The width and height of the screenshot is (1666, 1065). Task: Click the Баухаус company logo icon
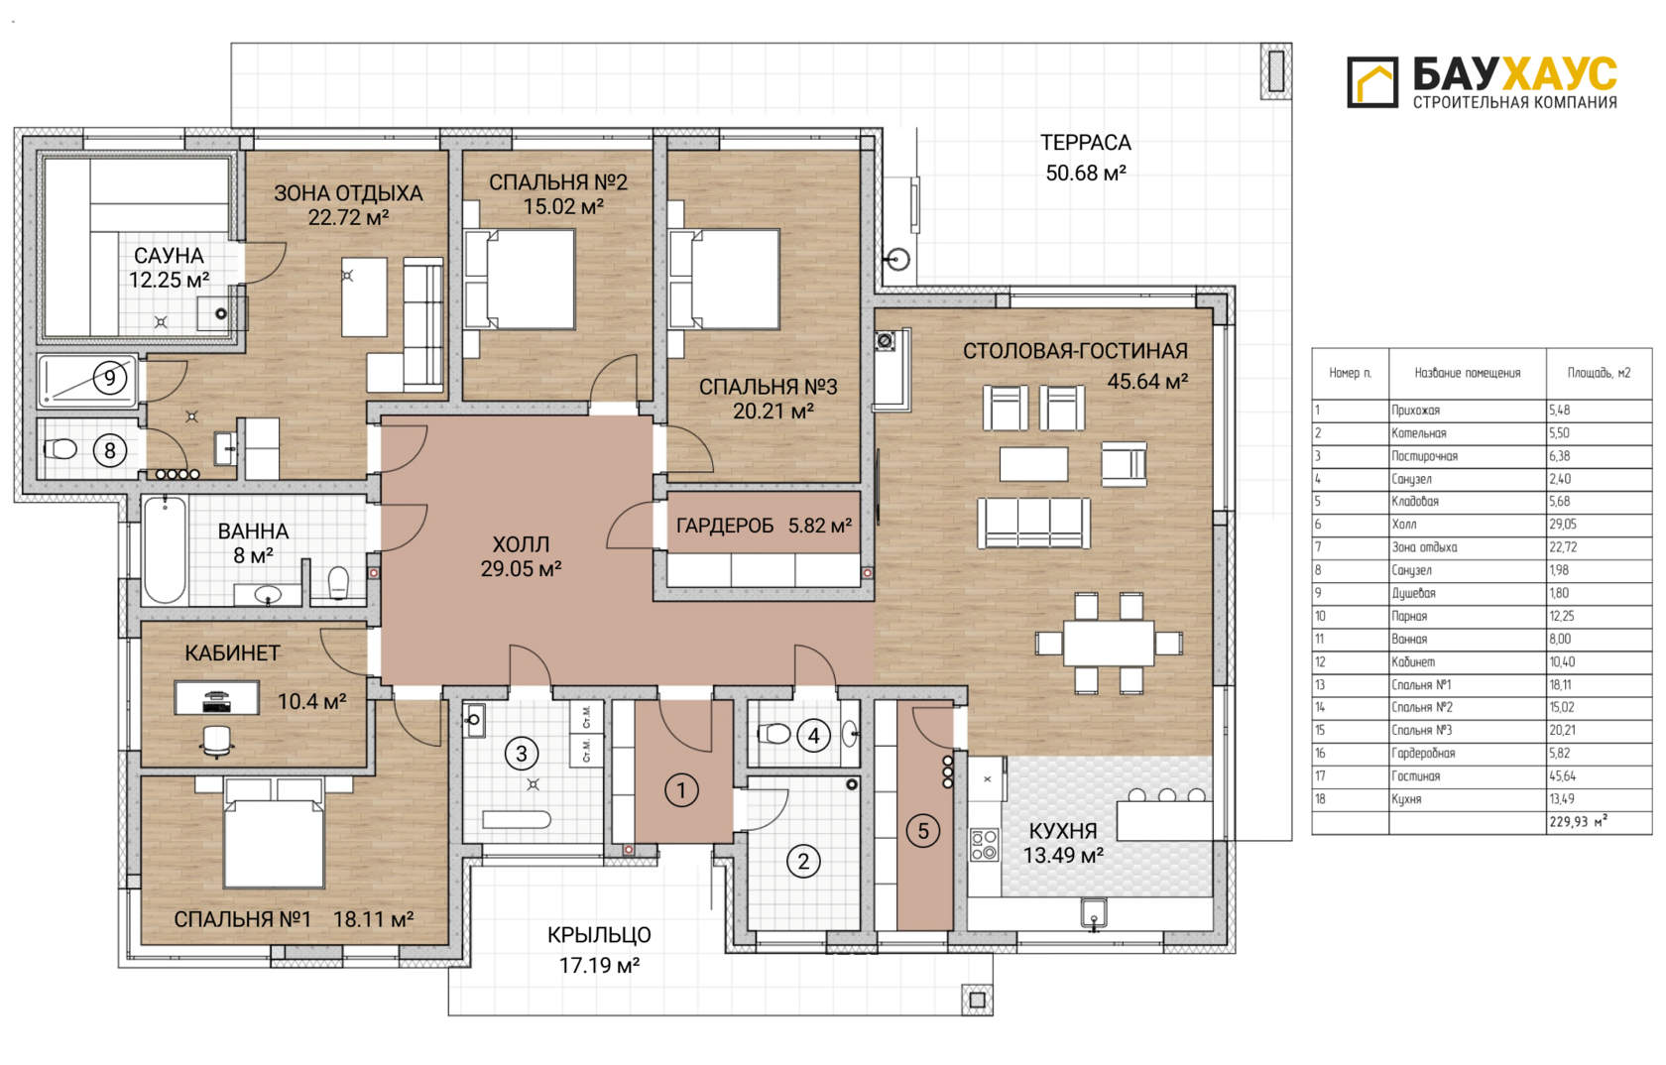tap(1372, 81)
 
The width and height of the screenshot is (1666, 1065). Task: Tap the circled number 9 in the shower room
tap(109, 379)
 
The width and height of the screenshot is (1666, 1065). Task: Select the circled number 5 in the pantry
tap(923, 831)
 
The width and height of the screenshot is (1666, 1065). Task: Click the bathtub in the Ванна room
tap(165, 549)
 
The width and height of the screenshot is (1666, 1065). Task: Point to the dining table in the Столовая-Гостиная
tap(1109, 644)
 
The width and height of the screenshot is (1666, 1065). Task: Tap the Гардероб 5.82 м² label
tap(764, 526)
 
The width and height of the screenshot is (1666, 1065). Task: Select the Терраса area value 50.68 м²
tap(1086, 174)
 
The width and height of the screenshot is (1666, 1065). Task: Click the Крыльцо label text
tap(599, 935)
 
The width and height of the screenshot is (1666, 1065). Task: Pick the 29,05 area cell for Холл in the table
tap(1563, 525)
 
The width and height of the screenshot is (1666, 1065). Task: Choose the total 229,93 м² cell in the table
tap(1579, 822)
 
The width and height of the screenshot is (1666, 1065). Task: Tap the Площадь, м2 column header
tap(1599, 373)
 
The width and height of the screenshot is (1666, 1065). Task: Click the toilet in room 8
tap(60, 449)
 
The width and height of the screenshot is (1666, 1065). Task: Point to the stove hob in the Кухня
tap(984, 846)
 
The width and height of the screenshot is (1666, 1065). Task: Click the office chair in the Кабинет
tap(216, 742)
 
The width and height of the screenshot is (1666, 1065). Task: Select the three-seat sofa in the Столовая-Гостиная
tap(1033, 523)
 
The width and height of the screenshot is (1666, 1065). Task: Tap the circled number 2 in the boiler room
tap(803, 861)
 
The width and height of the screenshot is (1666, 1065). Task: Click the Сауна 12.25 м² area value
tap(169, 281)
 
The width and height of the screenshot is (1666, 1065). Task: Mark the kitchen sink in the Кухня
tap(1093, 912)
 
